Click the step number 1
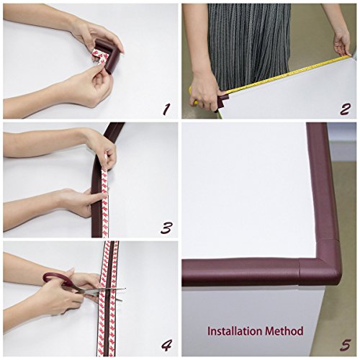click(166, 109)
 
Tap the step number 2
click(345, 109)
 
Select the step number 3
click(166, 228)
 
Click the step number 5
click(346, 345)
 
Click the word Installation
click(235, 331)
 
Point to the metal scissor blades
click(101, 292)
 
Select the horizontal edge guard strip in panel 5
click(240, 272)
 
